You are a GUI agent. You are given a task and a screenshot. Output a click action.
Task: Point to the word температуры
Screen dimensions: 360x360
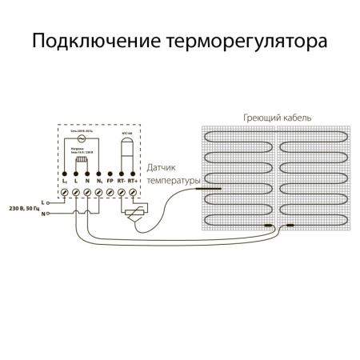(x=170, y=181)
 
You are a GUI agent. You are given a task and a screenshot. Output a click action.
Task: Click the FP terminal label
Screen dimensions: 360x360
(x=110, y=182)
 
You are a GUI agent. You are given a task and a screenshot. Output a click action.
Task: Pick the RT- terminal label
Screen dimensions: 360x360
(x=121, y=182)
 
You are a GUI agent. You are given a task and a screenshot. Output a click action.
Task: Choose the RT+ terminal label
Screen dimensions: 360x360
(x=133, y=182)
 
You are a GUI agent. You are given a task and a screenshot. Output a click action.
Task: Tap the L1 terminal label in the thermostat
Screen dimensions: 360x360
(x=65, y=182)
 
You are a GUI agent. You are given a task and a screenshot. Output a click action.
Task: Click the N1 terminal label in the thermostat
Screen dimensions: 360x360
(x=98, y=182)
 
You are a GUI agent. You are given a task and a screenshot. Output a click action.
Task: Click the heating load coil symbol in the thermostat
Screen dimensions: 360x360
(x=80, y=162)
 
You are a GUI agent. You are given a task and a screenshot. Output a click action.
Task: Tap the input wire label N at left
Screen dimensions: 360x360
(x=42, y=214)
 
